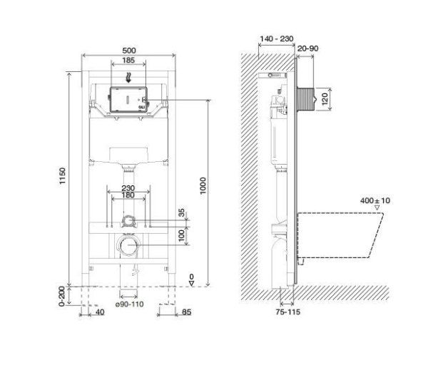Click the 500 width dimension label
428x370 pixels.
pyautogui.click(x=128, y=50)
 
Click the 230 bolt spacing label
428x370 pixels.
pyautogui.click(x=128, y=188)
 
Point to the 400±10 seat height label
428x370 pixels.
pyautogui.click(x=375, y=200)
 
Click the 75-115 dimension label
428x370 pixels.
pyautogui.click(x=287, y=311)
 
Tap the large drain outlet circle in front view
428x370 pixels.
pyautogui.click(x=128, y=247)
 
